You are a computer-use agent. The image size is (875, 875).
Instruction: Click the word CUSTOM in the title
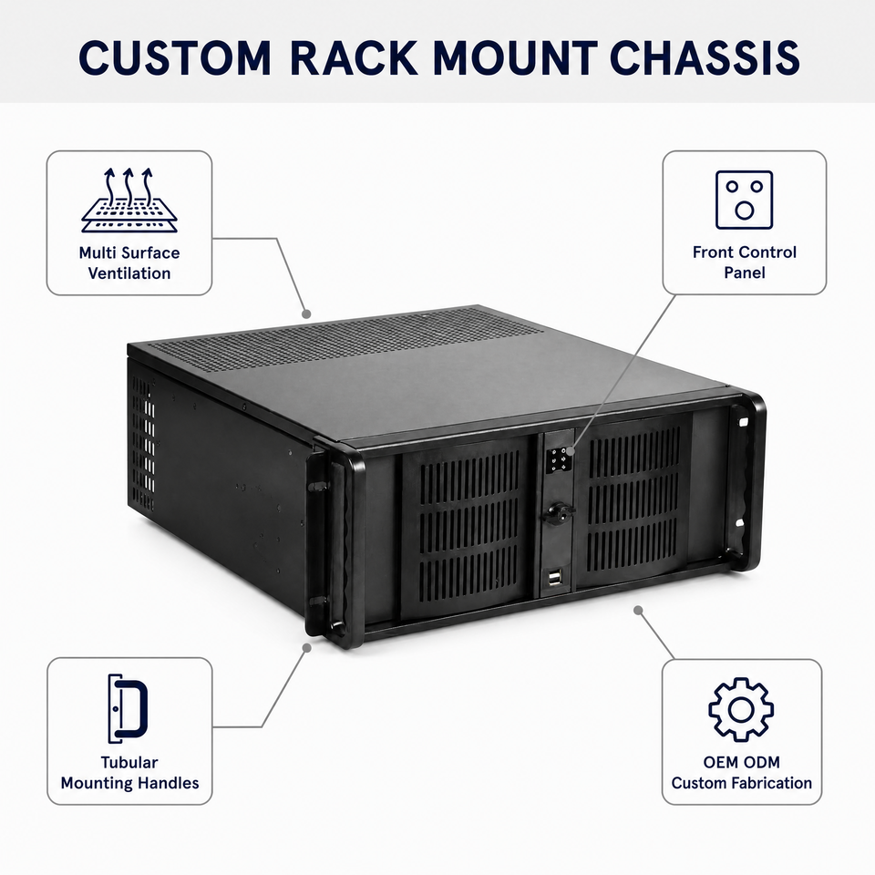(175, 57)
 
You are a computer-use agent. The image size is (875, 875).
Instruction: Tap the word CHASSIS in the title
(705, 57)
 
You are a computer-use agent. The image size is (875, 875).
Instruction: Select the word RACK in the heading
(354, 57)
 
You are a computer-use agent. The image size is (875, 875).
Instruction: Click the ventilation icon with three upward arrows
(129, 200)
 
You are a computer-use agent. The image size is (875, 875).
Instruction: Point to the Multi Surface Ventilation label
(129, 262)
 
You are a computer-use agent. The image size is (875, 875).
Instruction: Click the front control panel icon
(745, 200)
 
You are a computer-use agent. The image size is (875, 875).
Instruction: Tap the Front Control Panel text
(745, 262)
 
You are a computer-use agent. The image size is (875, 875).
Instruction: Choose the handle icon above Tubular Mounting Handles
(128, 709)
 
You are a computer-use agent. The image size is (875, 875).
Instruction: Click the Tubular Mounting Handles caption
(129, 772)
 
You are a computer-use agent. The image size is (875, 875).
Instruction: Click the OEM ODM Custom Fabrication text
(742, 772)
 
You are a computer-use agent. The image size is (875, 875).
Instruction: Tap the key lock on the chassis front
(557, 511)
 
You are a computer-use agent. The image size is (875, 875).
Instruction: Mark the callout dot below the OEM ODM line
(638, 610)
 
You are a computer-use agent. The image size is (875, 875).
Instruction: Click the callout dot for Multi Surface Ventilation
(306, 314)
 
